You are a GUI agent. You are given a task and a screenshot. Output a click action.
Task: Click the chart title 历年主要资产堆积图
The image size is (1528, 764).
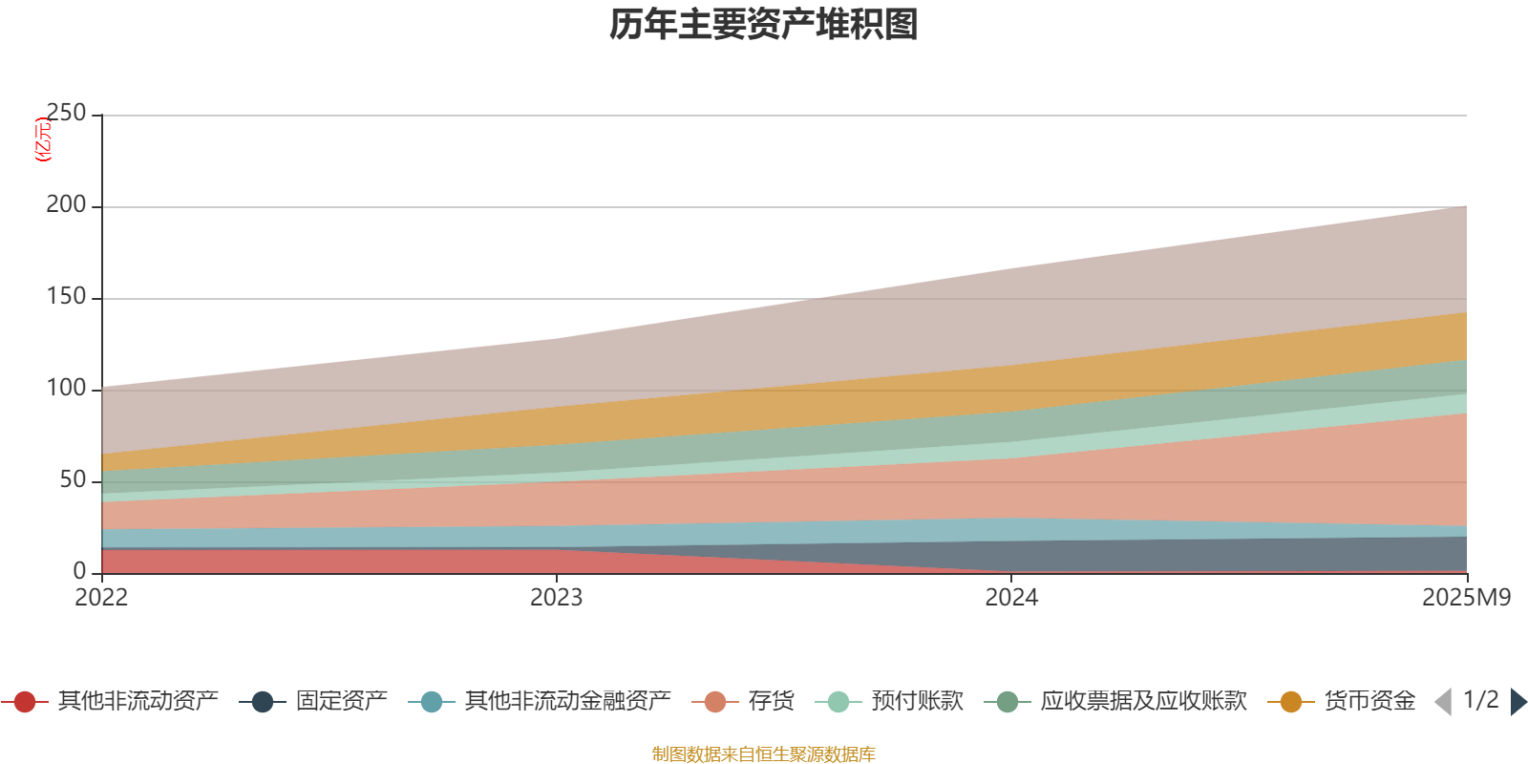coord(764,25)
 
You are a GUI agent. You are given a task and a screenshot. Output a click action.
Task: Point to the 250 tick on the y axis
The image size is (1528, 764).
coord(66,114)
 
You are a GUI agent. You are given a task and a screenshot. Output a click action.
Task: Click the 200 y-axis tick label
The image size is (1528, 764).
coord(66,205)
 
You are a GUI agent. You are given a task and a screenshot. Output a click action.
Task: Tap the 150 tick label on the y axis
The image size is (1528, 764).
coord(66,297)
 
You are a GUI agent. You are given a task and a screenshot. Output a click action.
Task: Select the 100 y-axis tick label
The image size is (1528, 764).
coord(66,389)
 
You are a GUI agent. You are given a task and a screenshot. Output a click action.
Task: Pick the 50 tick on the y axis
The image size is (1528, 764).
coord(73,480)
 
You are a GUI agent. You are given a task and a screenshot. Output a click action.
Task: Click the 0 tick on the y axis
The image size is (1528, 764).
coord(79,571)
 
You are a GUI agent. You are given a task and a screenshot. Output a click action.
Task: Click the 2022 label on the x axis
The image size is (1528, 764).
coord(101,598)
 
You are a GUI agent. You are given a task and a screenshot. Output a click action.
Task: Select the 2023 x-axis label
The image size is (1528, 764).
coord(556,598)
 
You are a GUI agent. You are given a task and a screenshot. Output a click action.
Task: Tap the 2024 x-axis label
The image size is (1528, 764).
coord(1011,598)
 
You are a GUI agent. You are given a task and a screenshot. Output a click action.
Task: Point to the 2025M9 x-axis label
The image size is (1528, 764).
coord(1466,598)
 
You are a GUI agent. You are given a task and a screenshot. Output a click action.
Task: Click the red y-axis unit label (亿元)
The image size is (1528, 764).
coord(43,139)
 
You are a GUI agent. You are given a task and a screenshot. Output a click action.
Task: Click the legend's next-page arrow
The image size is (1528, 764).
coord(1518,702)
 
